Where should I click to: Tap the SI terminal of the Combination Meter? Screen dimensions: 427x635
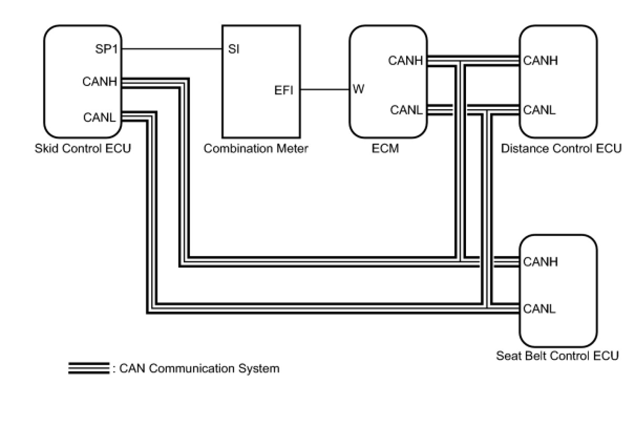234,50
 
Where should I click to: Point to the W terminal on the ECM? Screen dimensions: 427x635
358,89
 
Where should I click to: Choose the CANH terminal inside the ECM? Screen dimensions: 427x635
406,61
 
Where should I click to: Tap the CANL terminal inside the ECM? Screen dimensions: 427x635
406,110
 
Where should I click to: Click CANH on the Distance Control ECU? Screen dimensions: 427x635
541,61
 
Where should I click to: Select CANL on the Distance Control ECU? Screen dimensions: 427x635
539,110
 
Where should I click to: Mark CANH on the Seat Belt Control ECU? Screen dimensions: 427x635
541,261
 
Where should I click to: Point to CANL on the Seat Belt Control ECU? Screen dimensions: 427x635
539,308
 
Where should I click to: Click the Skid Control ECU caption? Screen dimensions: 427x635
83,148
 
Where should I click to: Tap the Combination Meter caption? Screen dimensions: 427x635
256,148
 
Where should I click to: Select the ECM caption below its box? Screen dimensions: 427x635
385,148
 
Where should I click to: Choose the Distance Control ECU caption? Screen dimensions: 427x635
561,148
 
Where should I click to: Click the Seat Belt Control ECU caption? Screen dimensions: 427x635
557,356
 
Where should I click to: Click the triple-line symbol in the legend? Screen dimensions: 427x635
88,368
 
